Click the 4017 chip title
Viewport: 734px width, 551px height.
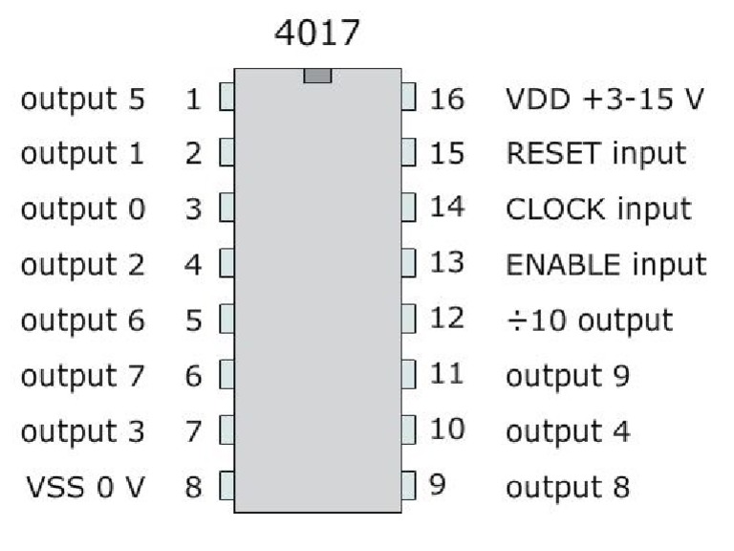[x=317, y=33]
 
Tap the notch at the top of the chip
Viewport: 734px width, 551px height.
[x=317, y=76]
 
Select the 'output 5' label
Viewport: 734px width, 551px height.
[x=83, y=99]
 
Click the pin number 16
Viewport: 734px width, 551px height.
[x=447, y=99]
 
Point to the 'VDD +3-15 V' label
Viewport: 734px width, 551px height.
[x=605, y=99]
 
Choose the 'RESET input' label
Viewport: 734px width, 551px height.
[x=596, y=154]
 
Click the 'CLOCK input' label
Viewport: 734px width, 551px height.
[x=598, y=209]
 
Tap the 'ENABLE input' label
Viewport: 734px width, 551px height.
[x=606, y=265]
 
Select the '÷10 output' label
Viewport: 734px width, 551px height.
[x=590, y=320]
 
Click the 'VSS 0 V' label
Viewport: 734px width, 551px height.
[x=86, y=487]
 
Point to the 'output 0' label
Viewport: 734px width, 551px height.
[x=83, y=209]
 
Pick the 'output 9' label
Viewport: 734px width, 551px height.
[x=568, y=376]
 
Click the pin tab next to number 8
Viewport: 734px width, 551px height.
[x=227, y=485]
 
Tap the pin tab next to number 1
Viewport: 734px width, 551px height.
[x=227, y=97]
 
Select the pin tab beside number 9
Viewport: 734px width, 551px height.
[x=408, y=485]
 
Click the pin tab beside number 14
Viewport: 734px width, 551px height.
[x=408, y=208]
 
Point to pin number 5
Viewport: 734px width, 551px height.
[x=193, y=320]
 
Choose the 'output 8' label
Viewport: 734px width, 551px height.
[x=568, y=487]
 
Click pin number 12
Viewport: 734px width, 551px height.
[x=447, y=319]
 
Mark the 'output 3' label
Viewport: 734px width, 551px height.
[x=83, y=431]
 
